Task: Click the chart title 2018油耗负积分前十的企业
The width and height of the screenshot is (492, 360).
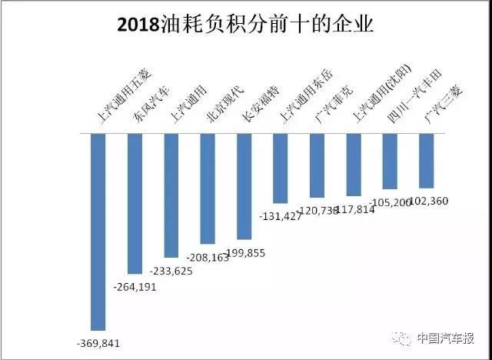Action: point(245,25)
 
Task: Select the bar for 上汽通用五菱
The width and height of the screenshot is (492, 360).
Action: point(98,231)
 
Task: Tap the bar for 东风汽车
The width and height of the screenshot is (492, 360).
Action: point(135,203)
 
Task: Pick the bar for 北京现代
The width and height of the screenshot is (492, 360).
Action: point(208,188)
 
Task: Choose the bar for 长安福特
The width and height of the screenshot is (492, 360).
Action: point(244,185)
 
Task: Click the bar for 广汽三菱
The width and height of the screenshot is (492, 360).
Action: point(426,160)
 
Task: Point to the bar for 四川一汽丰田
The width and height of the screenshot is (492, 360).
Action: point(390,161)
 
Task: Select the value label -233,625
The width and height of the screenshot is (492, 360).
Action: point(171,271)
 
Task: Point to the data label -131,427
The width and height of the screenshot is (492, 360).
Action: point(280,215)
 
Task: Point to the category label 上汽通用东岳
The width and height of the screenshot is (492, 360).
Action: point(295,96)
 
